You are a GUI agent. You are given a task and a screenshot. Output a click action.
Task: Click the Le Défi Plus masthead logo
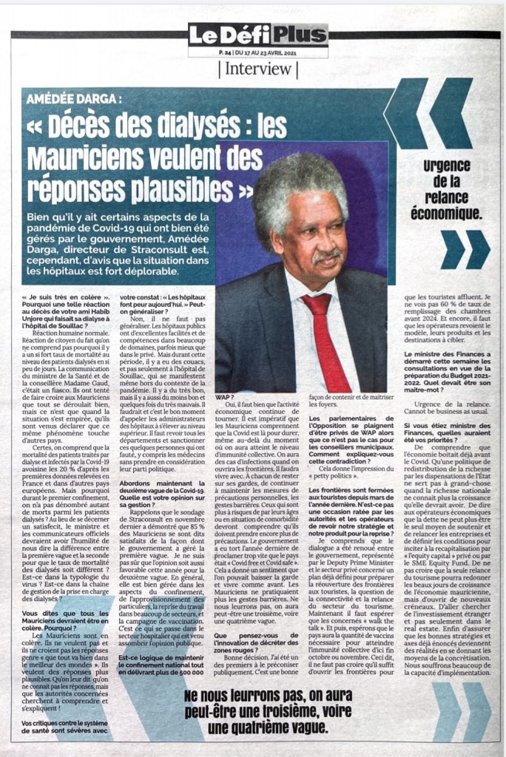257,34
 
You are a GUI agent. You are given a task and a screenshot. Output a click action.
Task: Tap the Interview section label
257,69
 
